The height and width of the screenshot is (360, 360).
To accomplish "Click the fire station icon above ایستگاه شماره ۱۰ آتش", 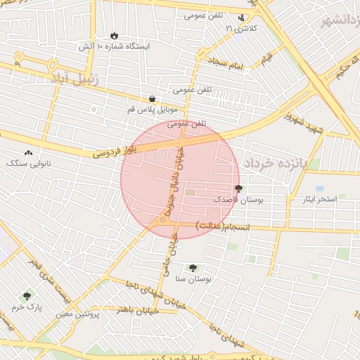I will click(x=114, y=35).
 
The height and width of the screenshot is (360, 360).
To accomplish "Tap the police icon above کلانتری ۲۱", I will click(x=242, y=18).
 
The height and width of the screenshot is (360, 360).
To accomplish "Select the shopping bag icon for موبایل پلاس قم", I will click(x=153, y=99).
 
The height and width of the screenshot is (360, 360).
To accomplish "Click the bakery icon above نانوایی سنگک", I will click(x=29, y=152).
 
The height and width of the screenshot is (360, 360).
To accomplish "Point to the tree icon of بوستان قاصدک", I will click(x=238, y=188).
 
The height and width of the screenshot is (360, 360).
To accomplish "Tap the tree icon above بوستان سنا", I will click(x=193, y=267).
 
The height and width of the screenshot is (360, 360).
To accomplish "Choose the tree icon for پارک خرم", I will click(x=27, y=296).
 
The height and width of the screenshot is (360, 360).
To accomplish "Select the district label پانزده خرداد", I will click(x=276, y=162).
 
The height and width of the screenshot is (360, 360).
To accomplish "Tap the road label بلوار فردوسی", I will click(x=114, y=150).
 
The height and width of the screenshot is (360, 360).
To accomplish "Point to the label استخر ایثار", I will click(x=319, y=200).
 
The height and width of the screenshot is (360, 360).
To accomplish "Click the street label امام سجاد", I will click(x=224, y=65).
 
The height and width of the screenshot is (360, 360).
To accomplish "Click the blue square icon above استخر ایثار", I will click(x=320, y=188).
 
